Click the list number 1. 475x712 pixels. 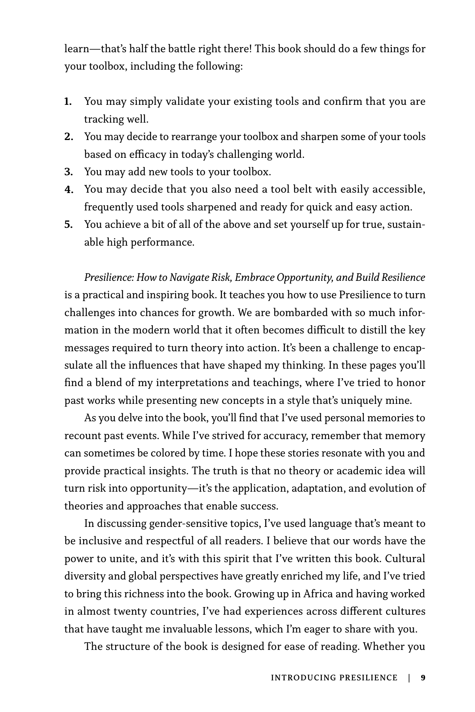click(x=68, y=102)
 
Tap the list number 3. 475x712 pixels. click(x=68, y=172)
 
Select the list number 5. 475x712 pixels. click(x=68, y=225)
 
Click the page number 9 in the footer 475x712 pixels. click(x=423, y=678)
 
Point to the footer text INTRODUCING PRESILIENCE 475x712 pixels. click(x=334, y=678)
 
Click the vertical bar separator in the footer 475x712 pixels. click(x=409, y=678)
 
